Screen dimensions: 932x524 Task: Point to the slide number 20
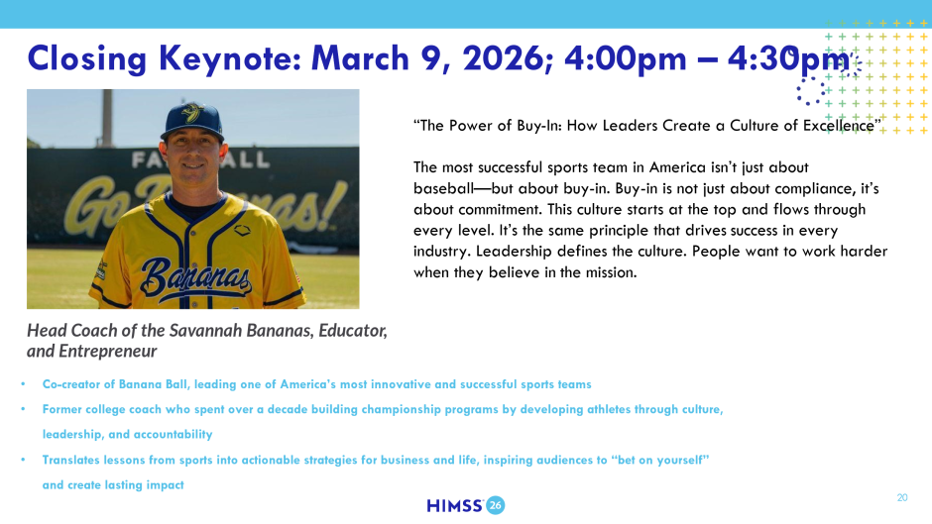click(x=902, y=498)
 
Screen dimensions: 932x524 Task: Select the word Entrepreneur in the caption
click(x=108, y=352)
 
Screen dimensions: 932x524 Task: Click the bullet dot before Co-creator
click(x=23, y=384)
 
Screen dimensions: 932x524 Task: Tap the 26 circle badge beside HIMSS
click(x=496, y=505)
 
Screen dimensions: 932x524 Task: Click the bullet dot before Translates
click(x=23, y=460)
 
